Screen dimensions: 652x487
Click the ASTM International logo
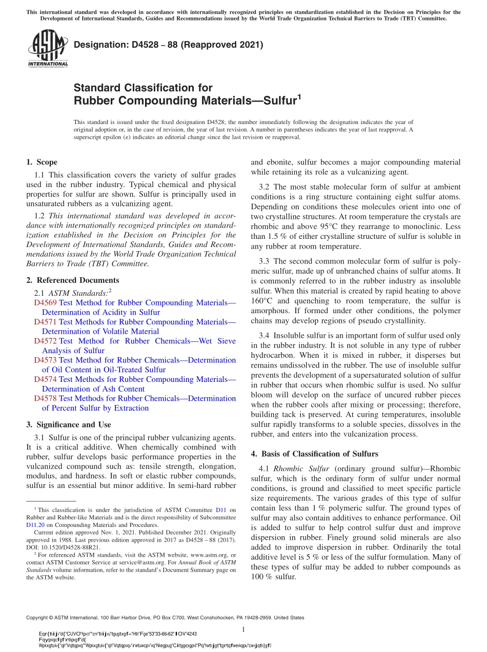(47, 48)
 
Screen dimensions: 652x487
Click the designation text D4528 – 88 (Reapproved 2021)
(169, 45)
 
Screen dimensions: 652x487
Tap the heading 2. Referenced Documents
(72, 280)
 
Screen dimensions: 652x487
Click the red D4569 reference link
(45, 303)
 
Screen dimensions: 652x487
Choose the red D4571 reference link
(45, 322)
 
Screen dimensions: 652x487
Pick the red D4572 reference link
(45, 341)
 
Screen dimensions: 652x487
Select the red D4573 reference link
(45, 360)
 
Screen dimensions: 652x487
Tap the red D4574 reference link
(45, 379)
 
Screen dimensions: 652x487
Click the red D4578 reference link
(45, 398)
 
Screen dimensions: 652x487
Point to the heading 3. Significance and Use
(68, 424)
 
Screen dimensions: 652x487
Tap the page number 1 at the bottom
(243, 629)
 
